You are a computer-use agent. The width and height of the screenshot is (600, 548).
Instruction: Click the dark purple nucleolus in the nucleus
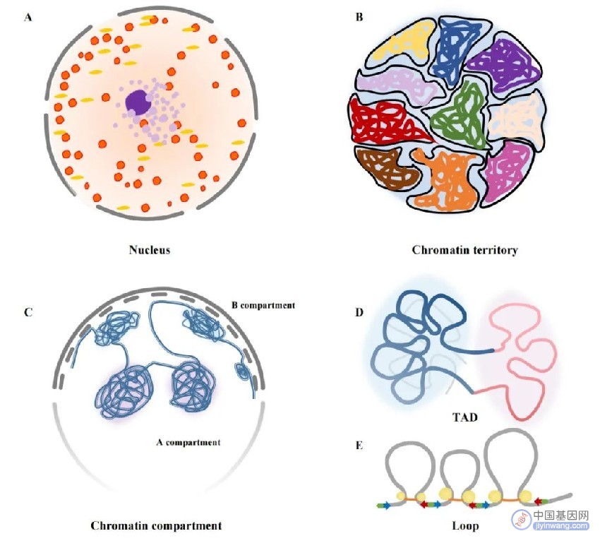click(x=138, y=102)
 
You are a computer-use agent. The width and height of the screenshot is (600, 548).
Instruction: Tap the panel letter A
click(x=28, y=18)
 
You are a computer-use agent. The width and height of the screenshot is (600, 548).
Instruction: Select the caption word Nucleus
click(x=149, y=250)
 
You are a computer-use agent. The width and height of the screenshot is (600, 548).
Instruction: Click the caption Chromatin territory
click(x=465, y=250)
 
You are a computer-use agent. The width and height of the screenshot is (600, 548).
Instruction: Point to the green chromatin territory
click(x=460, y=115)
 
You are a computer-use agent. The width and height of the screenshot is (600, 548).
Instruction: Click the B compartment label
click(x=263, y=305)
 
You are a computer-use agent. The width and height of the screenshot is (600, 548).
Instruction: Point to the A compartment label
click(x=188, y=442)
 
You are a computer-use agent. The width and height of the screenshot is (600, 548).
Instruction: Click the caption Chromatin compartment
click(x=156, y=525)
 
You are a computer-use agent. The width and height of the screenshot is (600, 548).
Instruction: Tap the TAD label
click(x=465, y=417)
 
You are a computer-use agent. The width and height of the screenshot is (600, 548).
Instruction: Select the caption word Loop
click(x=465, y=525)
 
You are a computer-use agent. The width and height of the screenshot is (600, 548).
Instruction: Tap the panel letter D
click(x=359, y=312)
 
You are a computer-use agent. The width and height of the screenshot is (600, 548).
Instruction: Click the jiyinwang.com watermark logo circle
click(x=522, y=519)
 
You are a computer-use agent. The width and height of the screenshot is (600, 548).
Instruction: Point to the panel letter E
click(x=359, y=446)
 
